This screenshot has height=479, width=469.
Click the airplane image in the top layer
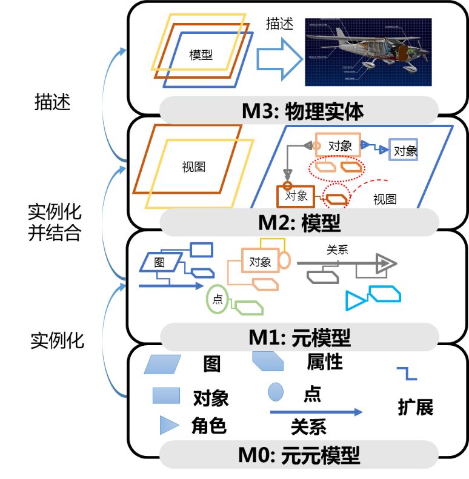(x=368, y=52)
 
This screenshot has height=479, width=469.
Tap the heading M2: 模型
(x=299, y=223)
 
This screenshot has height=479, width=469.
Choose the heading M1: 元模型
(x=299, y=336)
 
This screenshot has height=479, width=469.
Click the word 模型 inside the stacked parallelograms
(x=201, y=55)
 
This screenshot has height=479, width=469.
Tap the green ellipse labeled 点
(x=217, y=298)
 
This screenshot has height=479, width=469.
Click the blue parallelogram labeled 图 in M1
(x=160, y=262)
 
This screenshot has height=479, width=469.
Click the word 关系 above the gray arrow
(x=337, y=249)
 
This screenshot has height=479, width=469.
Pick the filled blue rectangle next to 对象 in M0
(x=166, y=396)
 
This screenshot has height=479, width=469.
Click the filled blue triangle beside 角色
(x=168, y=425)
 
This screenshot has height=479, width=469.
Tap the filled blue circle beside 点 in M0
(x=276, y=392)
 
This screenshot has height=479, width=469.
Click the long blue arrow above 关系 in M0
(x=315, y=412)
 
